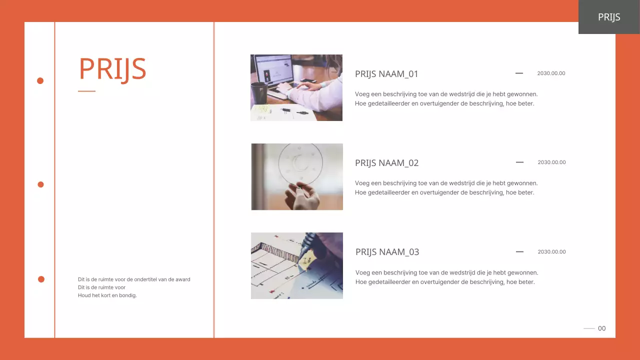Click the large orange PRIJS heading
(x=112, y=69)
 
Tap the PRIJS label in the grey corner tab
(x=609, y=17)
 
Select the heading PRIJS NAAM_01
(x=386, y=74)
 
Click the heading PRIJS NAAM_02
(x=386, y=163)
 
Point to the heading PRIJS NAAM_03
(x=387, y=252)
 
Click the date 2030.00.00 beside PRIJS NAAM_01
(x=551, y=73)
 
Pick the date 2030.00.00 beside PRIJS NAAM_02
(x=551, y=162)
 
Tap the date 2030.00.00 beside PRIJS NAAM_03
(x=551, y=251)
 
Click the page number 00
(x=601, y=328)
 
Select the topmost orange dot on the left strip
(x=40, y=81)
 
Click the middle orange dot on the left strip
(x=41, y=184)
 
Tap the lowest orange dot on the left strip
(x=41, y=279)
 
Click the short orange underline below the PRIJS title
(x=86, y=91)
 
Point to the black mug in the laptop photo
(x=259, y=93)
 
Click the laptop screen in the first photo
(x=274, y=69)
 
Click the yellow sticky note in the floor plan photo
(x=307, y=261)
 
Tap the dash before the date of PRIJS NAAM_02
(x=519, y=162)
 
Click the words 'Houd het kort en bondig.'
(x=107, y=295)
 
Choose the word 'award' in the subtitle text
(x=183, y=279)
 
